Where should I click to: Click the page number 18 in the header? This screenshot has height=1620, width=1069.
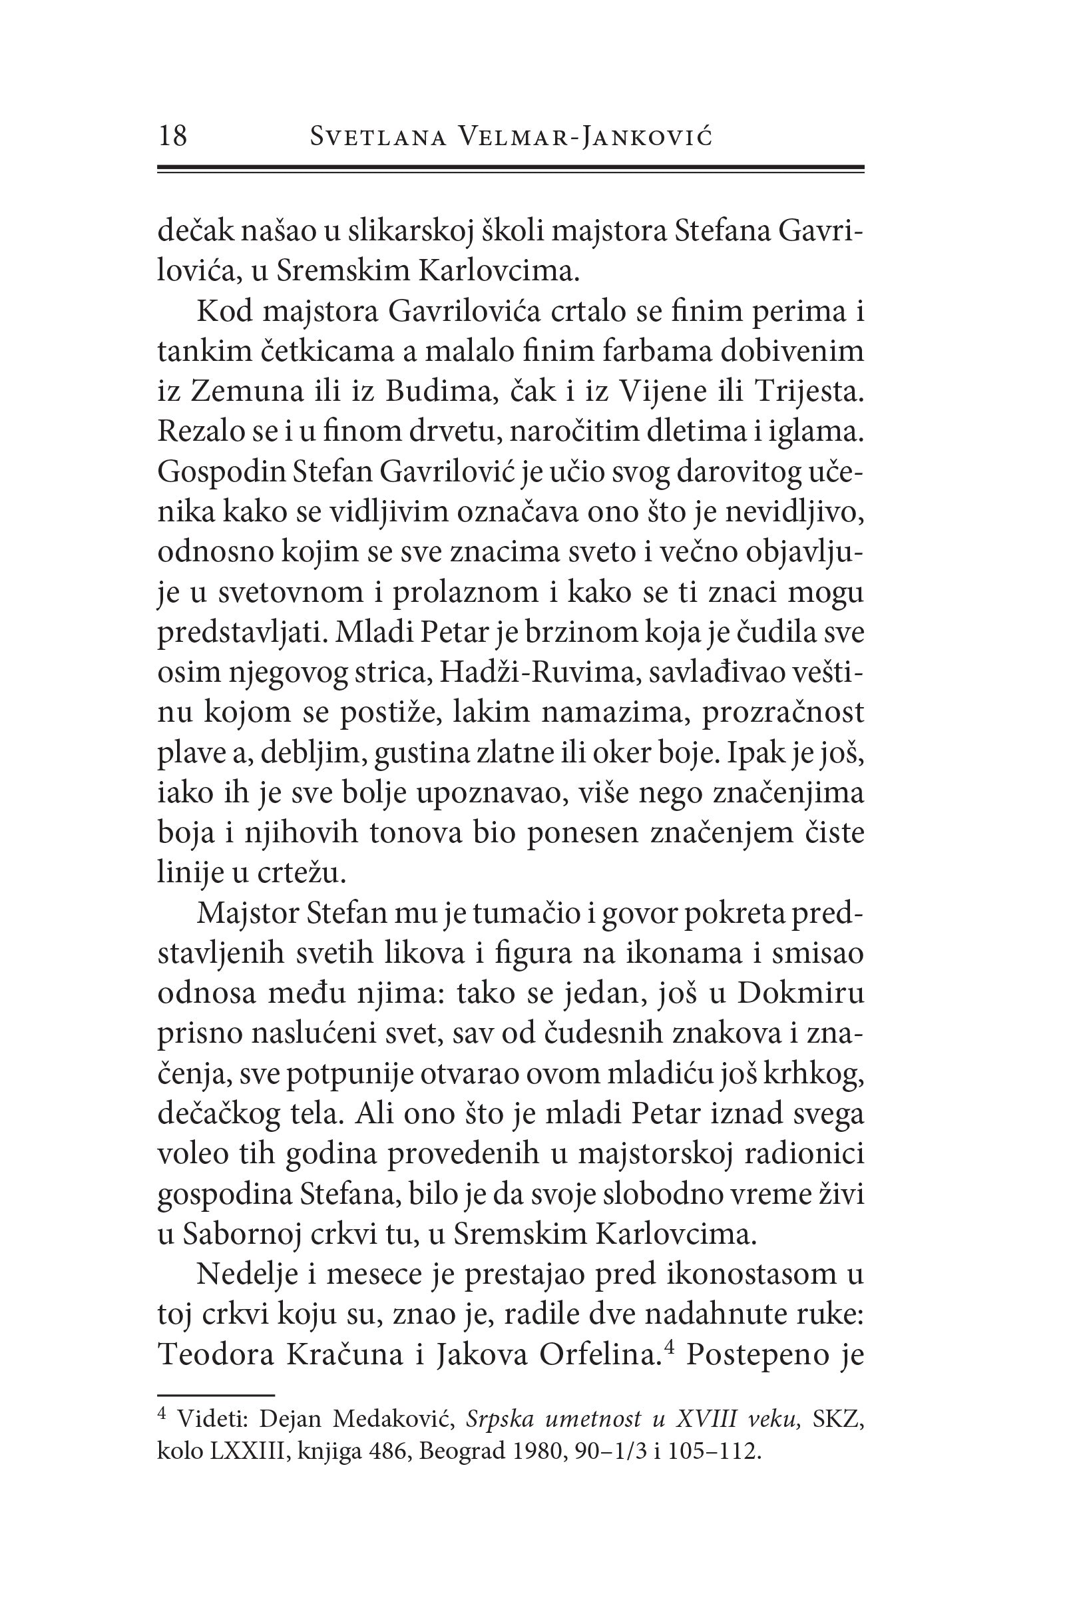tap(172, 136)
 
